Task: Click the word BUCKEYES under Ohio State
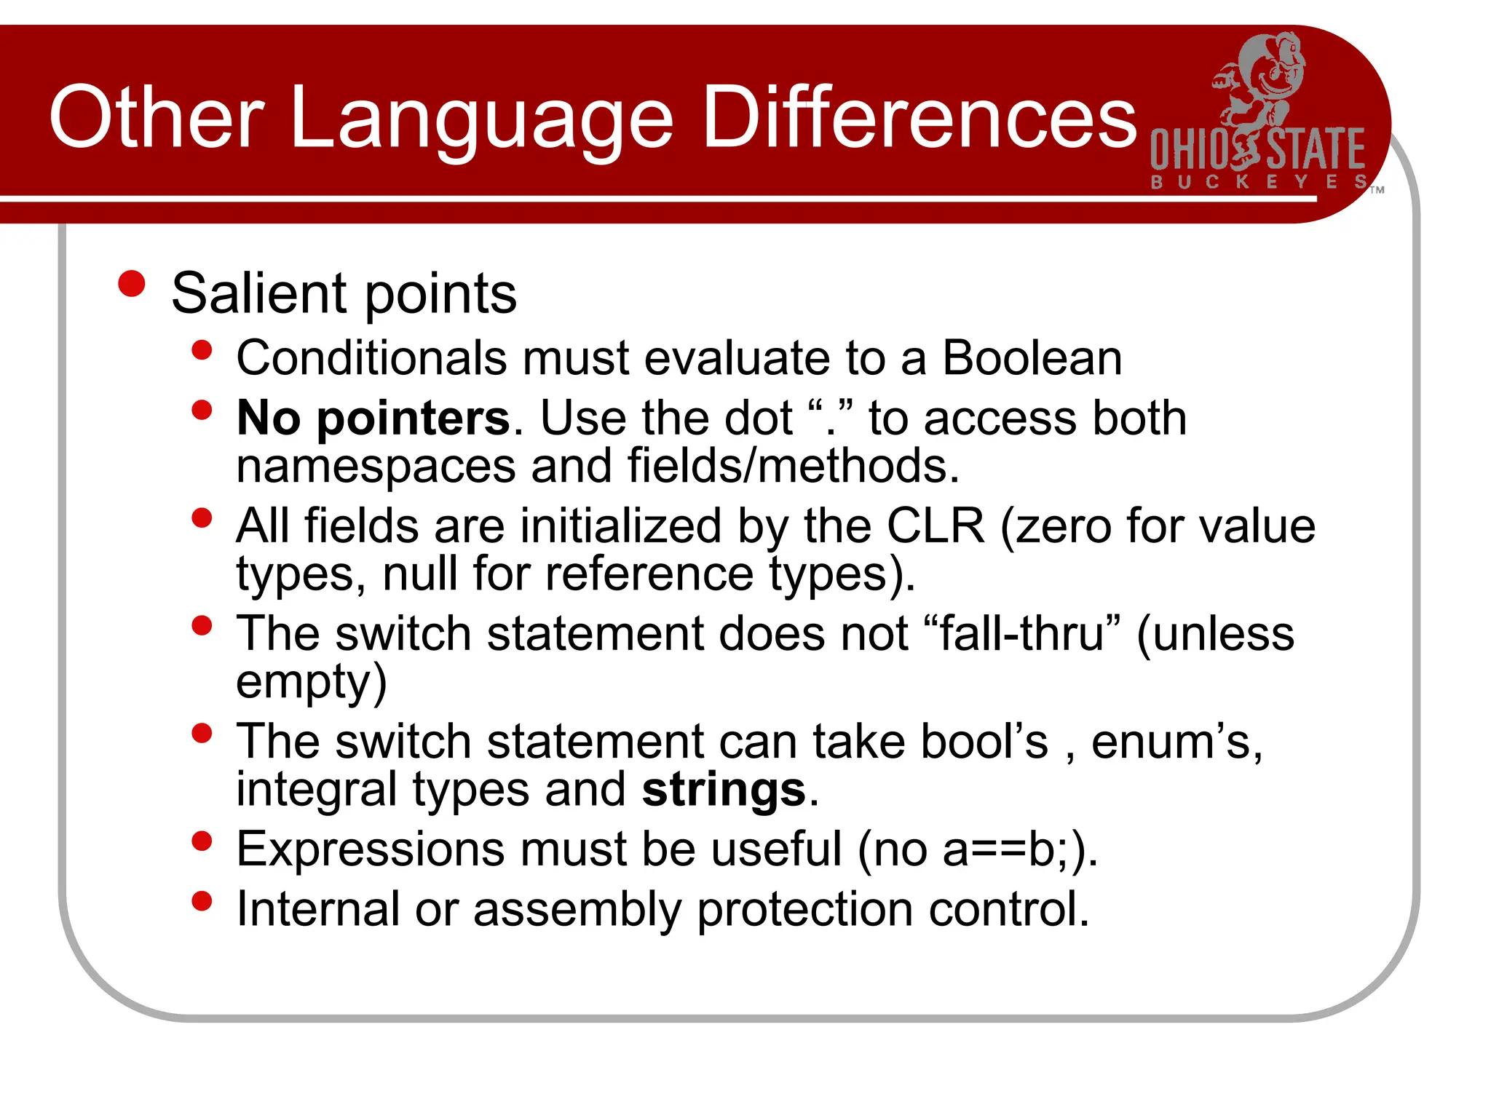pos(1259,181)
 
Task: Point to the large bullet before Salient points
pos(132,284)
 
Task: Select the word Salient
pos(259,293)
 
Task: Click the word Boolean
pos(1032,358)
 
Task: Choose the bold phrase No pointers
pos(373,419)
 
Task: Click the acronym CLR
pos(936,526)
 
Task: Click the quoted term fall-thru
pos(1023,633)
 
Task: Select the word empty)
pos(311,682)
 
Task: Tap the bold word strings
pos(724,790)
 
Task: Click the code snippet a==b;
pos(1007,849)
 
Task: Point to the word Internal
pos(318,909)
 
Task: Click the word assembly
pos(577,910)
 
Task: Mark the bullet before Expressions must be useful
pos(202,841)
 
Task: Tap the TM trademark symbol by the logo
pos(1377,190)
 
